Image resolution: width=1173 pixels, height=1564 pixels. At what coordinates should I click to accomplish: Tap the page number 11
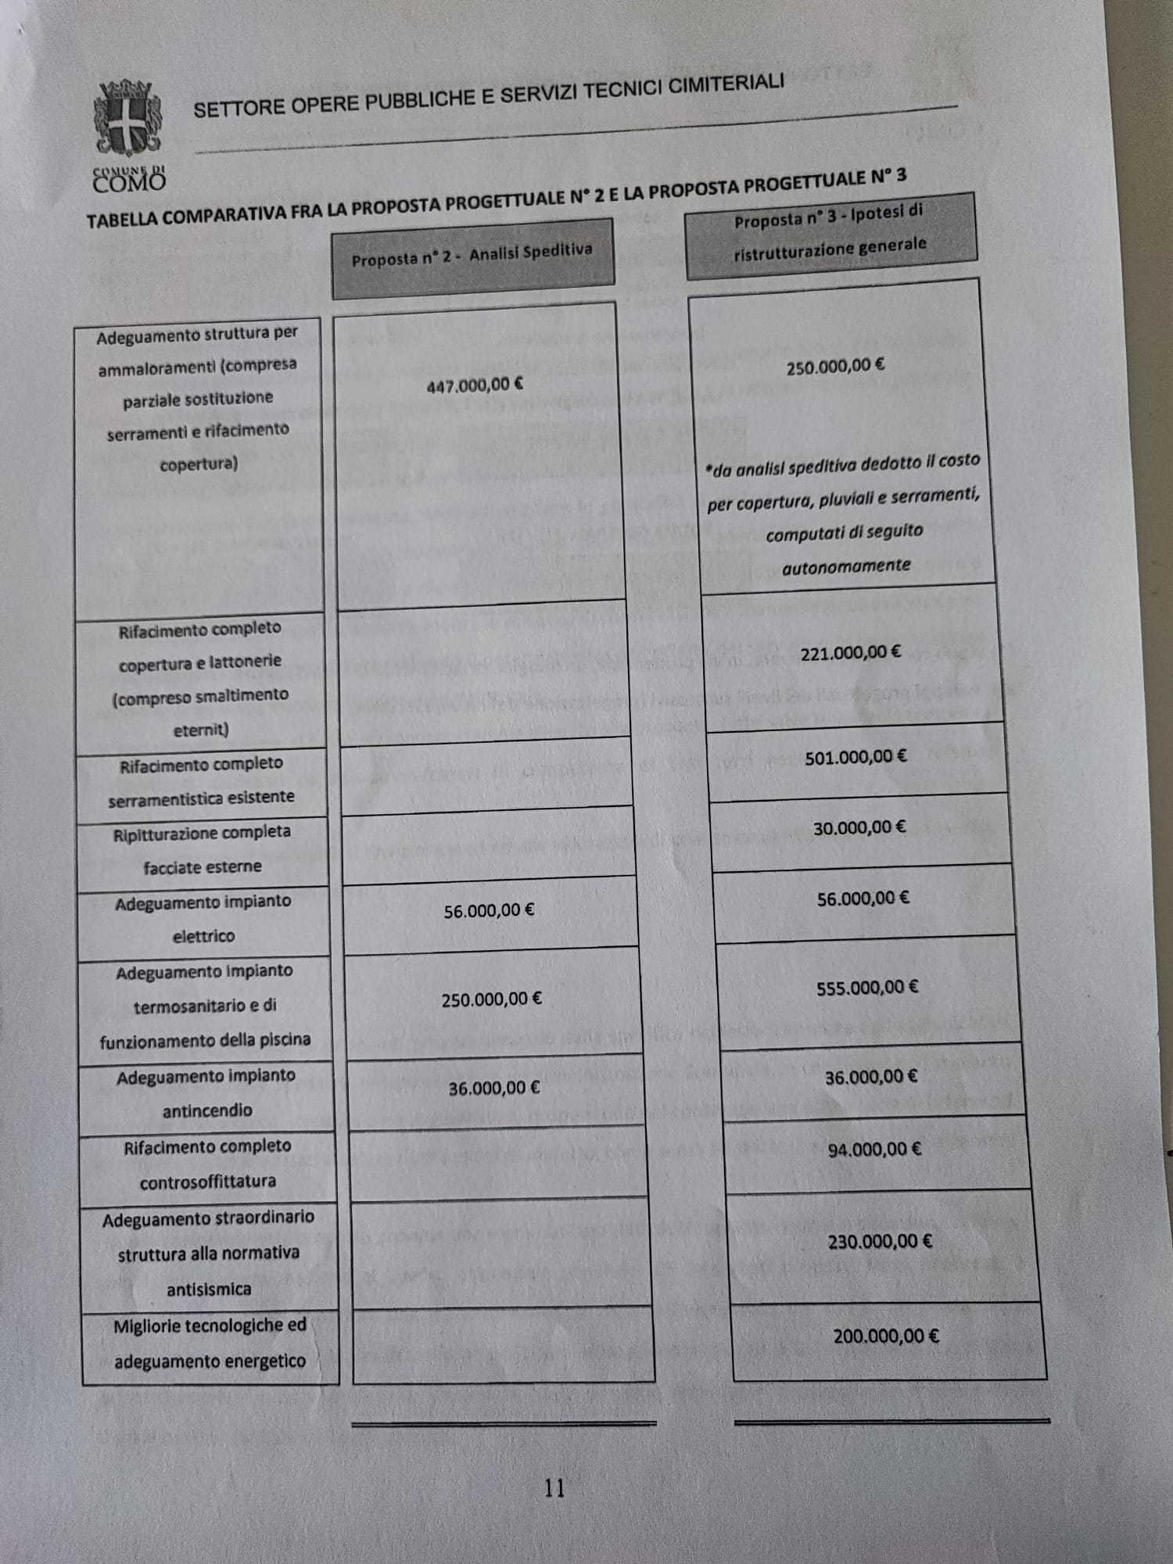pos(554,1487)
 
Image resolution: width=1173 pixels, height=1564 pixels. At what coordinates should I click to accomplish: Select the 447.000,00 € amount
pos(475,385)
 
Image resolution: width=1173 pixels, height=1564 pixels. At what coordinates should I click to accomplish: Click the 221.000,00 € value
pos(850,652)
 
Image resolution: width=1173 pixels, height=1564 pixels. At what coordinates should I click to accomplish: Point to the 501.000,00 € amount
pos(856,757)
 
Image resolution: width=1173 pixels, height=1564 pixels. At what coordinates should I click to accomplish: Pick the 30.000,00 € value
pos(859,828)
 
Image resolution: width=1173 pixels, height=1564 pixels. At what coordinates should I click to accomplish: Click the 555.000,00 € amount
pos(867,988)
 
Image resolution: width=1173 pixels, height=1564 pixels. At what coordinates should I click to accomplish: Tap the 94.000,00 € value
pos(874,1150)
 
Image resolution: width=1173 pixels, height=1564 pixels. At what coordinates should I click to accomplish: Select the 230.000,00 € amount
pos(880,1241)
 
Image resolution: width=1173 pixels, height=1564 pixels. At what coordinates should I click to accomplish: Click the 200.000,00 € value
pos(886,1336)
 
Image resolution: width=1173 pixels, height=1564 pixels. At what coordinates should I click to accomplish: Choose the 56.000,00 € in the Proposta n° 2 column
pos(489,911)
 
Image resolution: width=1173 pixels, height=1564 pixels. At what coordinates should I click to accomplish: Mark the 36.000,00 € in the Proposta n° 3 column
pos(871,1078)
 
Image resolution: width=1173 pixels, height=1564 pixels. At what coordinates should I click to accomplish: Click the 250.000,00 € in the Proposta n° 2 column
pos(491,999)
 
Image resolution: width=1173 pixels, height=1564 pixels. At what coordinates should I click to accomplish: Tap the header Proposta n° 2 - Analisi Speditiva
pos(472,256)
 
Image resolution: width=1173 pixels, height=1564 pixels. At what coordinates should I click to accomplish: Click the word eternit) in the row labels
pos(201,730)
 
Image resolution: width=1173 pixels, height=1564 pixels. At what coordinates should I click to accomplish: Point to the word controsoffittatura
pos(207,1182)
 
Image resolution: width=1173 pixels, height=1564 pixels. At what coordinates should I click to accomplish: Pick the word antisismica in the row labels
pos(209,1290)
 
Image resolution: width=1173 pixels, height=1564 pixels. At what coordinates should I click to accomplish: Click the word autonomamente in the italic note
pos(846,566)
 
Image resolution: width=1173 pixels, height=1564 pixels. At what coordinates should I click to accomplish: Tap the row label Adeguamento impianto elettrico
pos(203,919)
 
